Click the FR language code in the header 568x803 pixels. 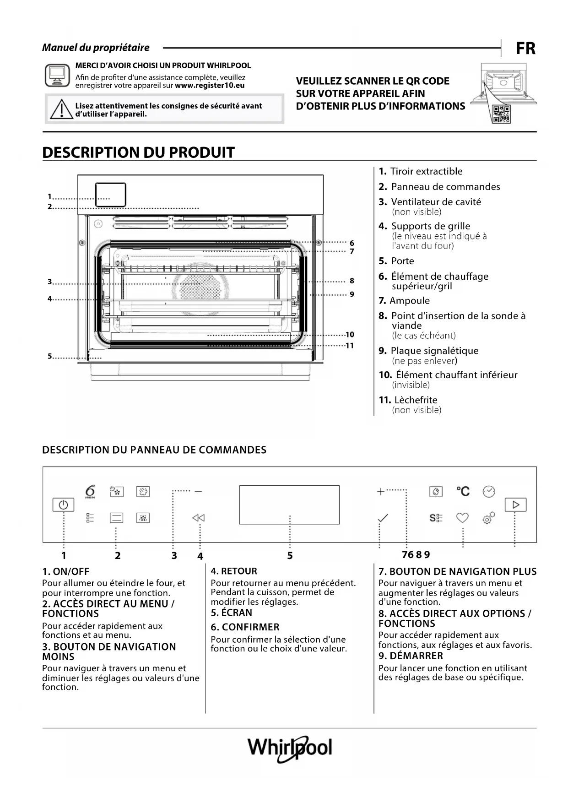[525, 49]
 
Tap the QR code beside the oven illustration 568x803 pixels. [501, 114]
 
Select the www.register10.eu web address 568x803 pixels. [210, 86]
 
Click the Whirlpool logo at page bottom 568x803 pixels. [290, 748]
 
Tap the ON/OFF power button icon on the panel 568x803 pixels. [63, 505]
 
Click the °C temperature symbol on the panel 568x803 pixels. [463, 491]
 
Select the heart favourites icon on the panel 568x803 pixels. [462, 518]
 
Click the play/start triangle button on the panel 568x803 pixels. [516, 505]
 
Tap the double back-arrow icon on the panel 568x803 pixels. [198, 518]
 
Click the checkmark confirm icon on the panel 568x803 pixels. [383, 518]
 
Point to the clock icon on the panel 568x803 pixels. [489, 491]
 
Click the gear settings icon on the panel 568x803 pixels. [488, 518]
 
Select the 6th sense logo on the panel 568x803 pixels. [90, 491]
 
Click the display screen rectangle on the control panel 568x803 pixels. [289, 505]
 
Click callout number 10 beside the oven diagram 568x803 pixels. [350, 335]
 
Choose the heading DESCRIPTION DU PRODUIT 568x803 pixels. [138, 152]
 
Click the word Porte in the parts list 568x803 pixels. [402, 261]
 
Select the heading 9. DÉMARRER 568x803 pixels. [411, 656]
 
